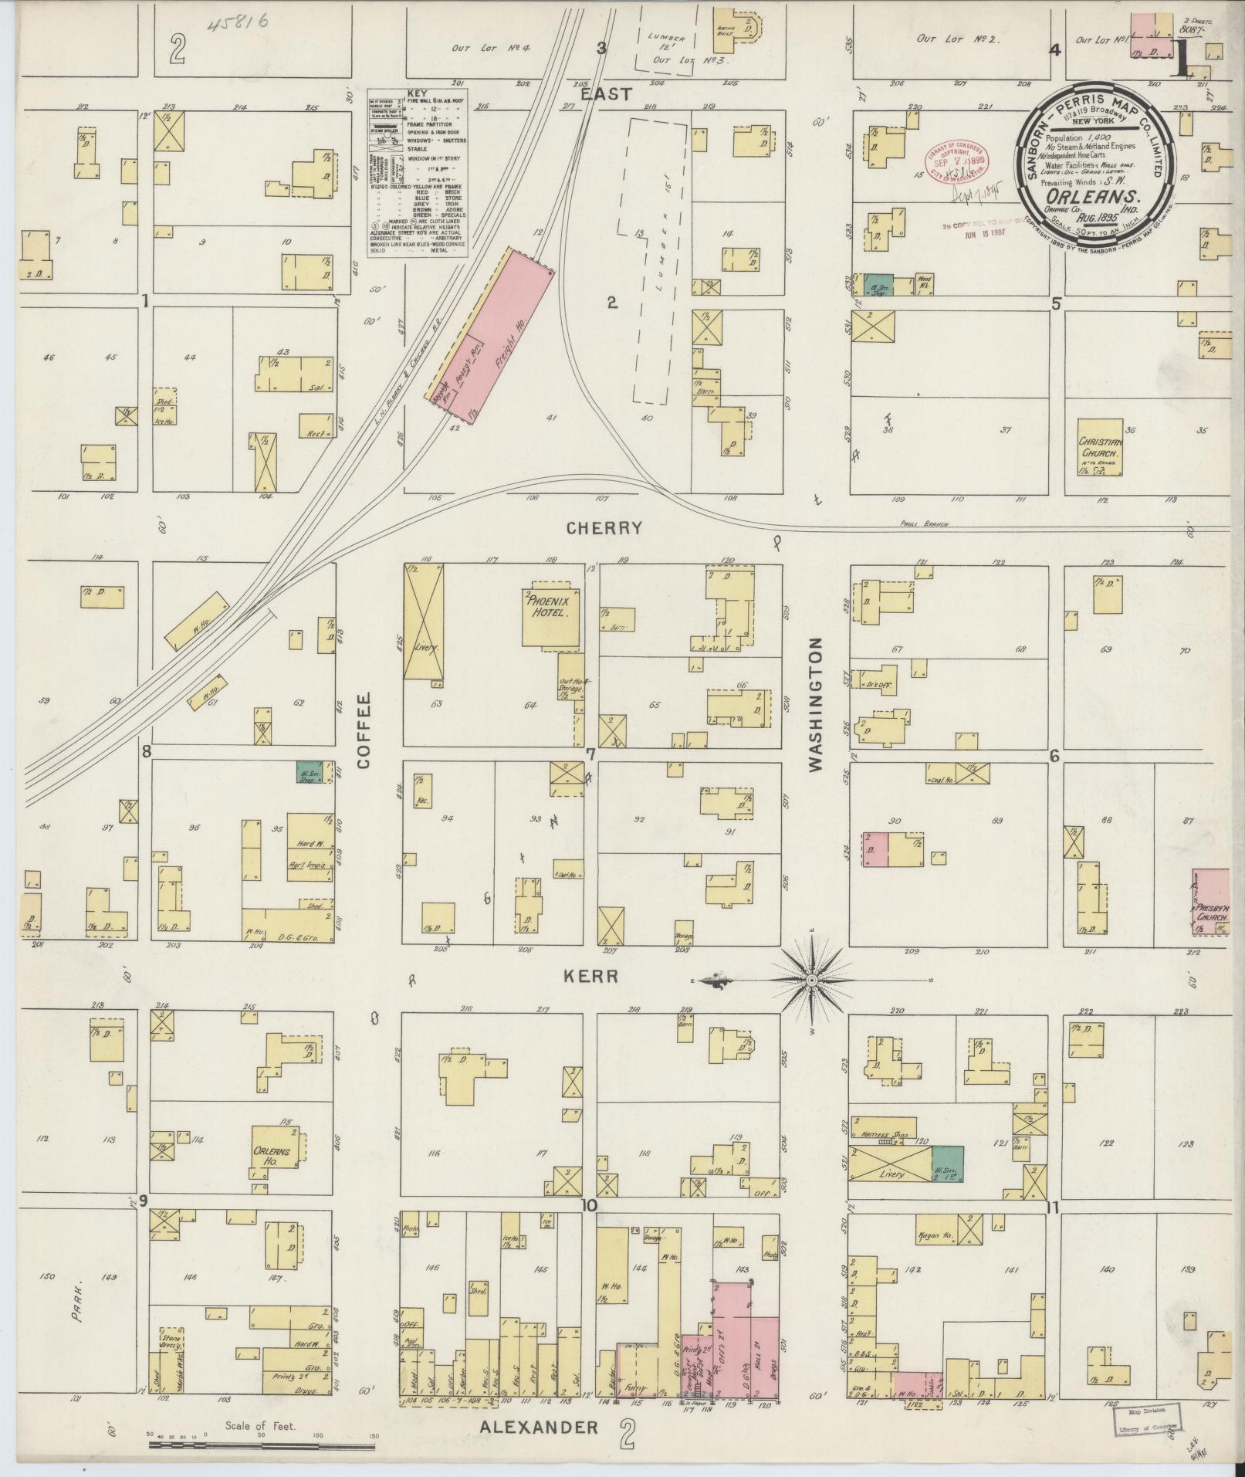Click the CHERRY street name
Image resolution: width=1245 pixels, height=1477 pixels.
(x=604, y=528)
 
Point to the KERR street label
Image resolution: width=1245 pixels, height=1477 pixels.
(x=593, y=977)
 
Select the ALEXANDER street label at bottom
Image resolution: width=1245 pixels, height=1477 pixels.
(x=538, y=1427)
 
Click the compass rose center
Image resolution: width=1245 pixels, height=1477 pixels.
(x=811, y=980)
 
